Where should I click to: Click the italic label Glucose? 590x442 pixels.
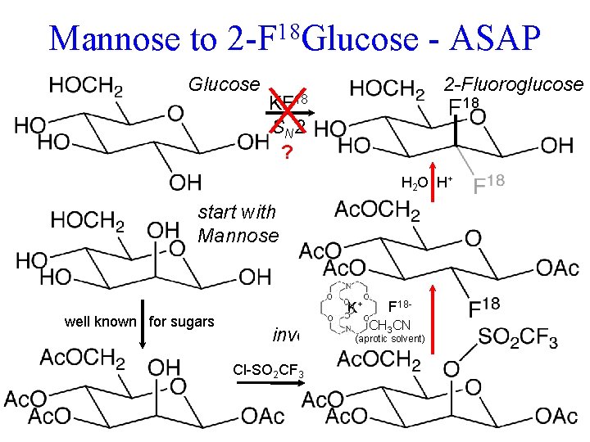[x=224, y=84]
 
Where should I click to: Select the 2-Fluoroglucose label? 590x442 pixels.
[x=513, y=84]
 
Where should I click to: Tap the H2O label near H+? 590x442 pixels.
[x=415, y=181]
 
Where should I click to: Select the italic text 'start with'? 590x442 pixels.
[x=238, y=212]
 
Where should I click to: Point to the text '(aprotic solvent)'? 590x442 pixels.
[x=390, y=339]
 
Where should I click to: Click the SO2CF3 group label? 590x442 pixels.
[x=518, y=336]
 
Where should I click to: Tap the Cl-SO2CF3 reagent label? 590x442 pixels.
[x=269, y=373]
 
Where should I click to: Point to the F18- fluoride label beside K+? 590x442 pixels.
[x=404, y=306]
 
